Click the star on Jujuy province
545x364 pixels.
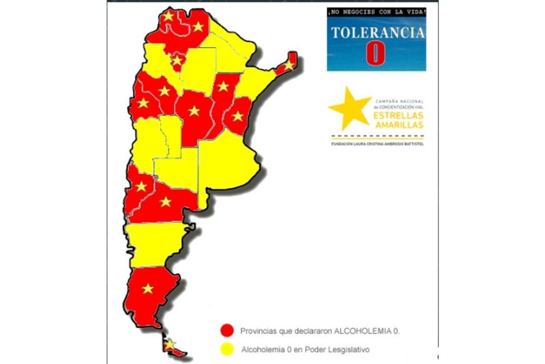(x=168, y=16)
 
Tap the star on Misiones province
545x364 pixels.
(x=289, y=65)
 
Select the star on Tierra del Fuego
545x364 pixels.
(x=169, y=344)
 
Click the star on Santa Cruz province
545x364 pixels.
(x=148, y=288)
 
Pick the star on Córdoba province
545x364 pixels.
(x=194, y=111)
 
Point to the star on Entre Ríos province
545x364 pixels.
(x=237, y=116)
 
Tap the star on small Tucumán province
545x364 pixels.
(x=177, y=61)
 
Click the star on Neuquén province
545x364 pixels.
(x=141, y=186)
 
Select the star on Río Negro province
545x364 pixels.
(x=165, y=201)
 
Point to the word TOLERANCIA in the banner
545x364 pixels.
(x=376, y=33)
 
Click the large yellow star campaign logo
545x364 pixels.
(x=350, y=108)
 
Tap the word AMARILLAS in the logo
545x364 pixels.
(x=398, y=125)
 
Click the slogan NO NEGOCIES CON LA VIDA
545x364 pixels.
(x=376, y=11)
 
